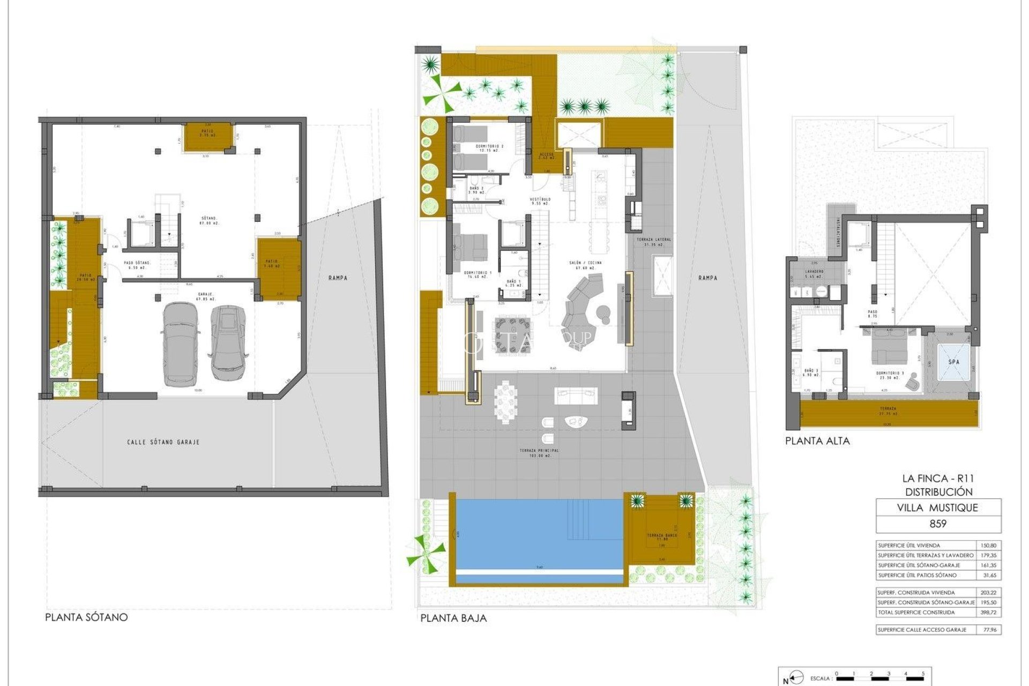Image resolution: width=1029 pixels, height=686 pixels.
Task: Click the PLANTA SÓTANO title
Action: pos(86,617)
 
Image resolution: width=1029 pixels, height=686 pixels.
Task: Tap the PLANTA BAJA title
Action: pos(453,618)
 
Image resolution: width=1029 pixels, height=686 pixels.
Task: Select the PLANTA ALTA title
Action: pos(817,441)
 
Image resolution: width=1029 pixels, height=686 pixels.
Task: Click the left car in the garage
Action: pos(181,344)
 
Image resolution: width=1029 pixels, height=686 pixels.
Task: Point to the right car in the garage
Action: pos(229,342)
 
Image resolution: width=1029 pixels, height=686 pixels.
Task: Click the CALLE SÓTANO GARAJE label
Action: pos(163,442)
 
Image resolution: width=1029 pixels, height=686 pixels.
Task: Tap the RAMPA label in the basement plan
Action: pos(338,278)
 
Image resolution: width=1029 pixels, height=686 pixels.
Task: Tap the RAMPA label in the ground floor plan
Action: pos(707,278)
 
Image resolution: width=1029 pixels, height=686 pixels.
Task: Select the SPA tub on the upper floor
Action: pos(954,362)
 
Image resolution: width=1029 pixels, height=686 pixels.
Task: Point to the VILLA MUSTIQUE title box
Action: pos(937,508)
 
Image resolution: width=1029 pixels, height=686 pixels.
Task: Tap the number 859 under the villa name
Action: pos(937,524)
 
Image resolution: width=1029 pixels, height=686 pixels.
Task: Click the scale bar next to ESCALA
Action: pos(879,678)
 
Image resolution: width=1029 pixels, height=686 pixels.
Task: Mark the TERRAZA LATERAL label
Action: pos(653,242)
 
